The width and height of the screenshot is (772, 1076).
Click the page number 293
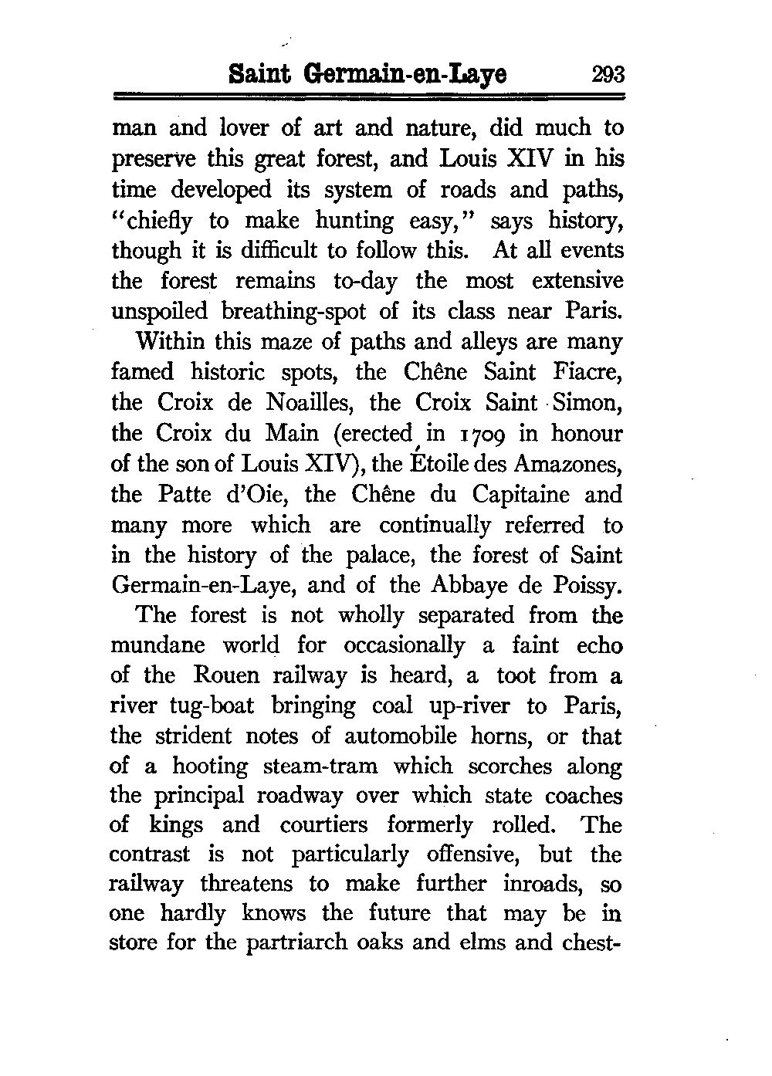pyautogui.click(x=608, y=74)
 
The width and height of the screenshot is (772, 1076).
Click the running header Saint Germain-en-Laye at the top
pyautogui.click(x=370, y=74)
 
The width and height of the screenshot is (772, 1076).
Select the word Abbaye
pyautogui.click(x=460, y=586)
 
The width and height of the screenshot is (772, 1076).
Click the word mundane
pyautogui.click(x=159, y=645)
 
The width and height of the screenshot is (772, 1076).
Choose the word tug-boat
pyautogui.click(x=208, y=705)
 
